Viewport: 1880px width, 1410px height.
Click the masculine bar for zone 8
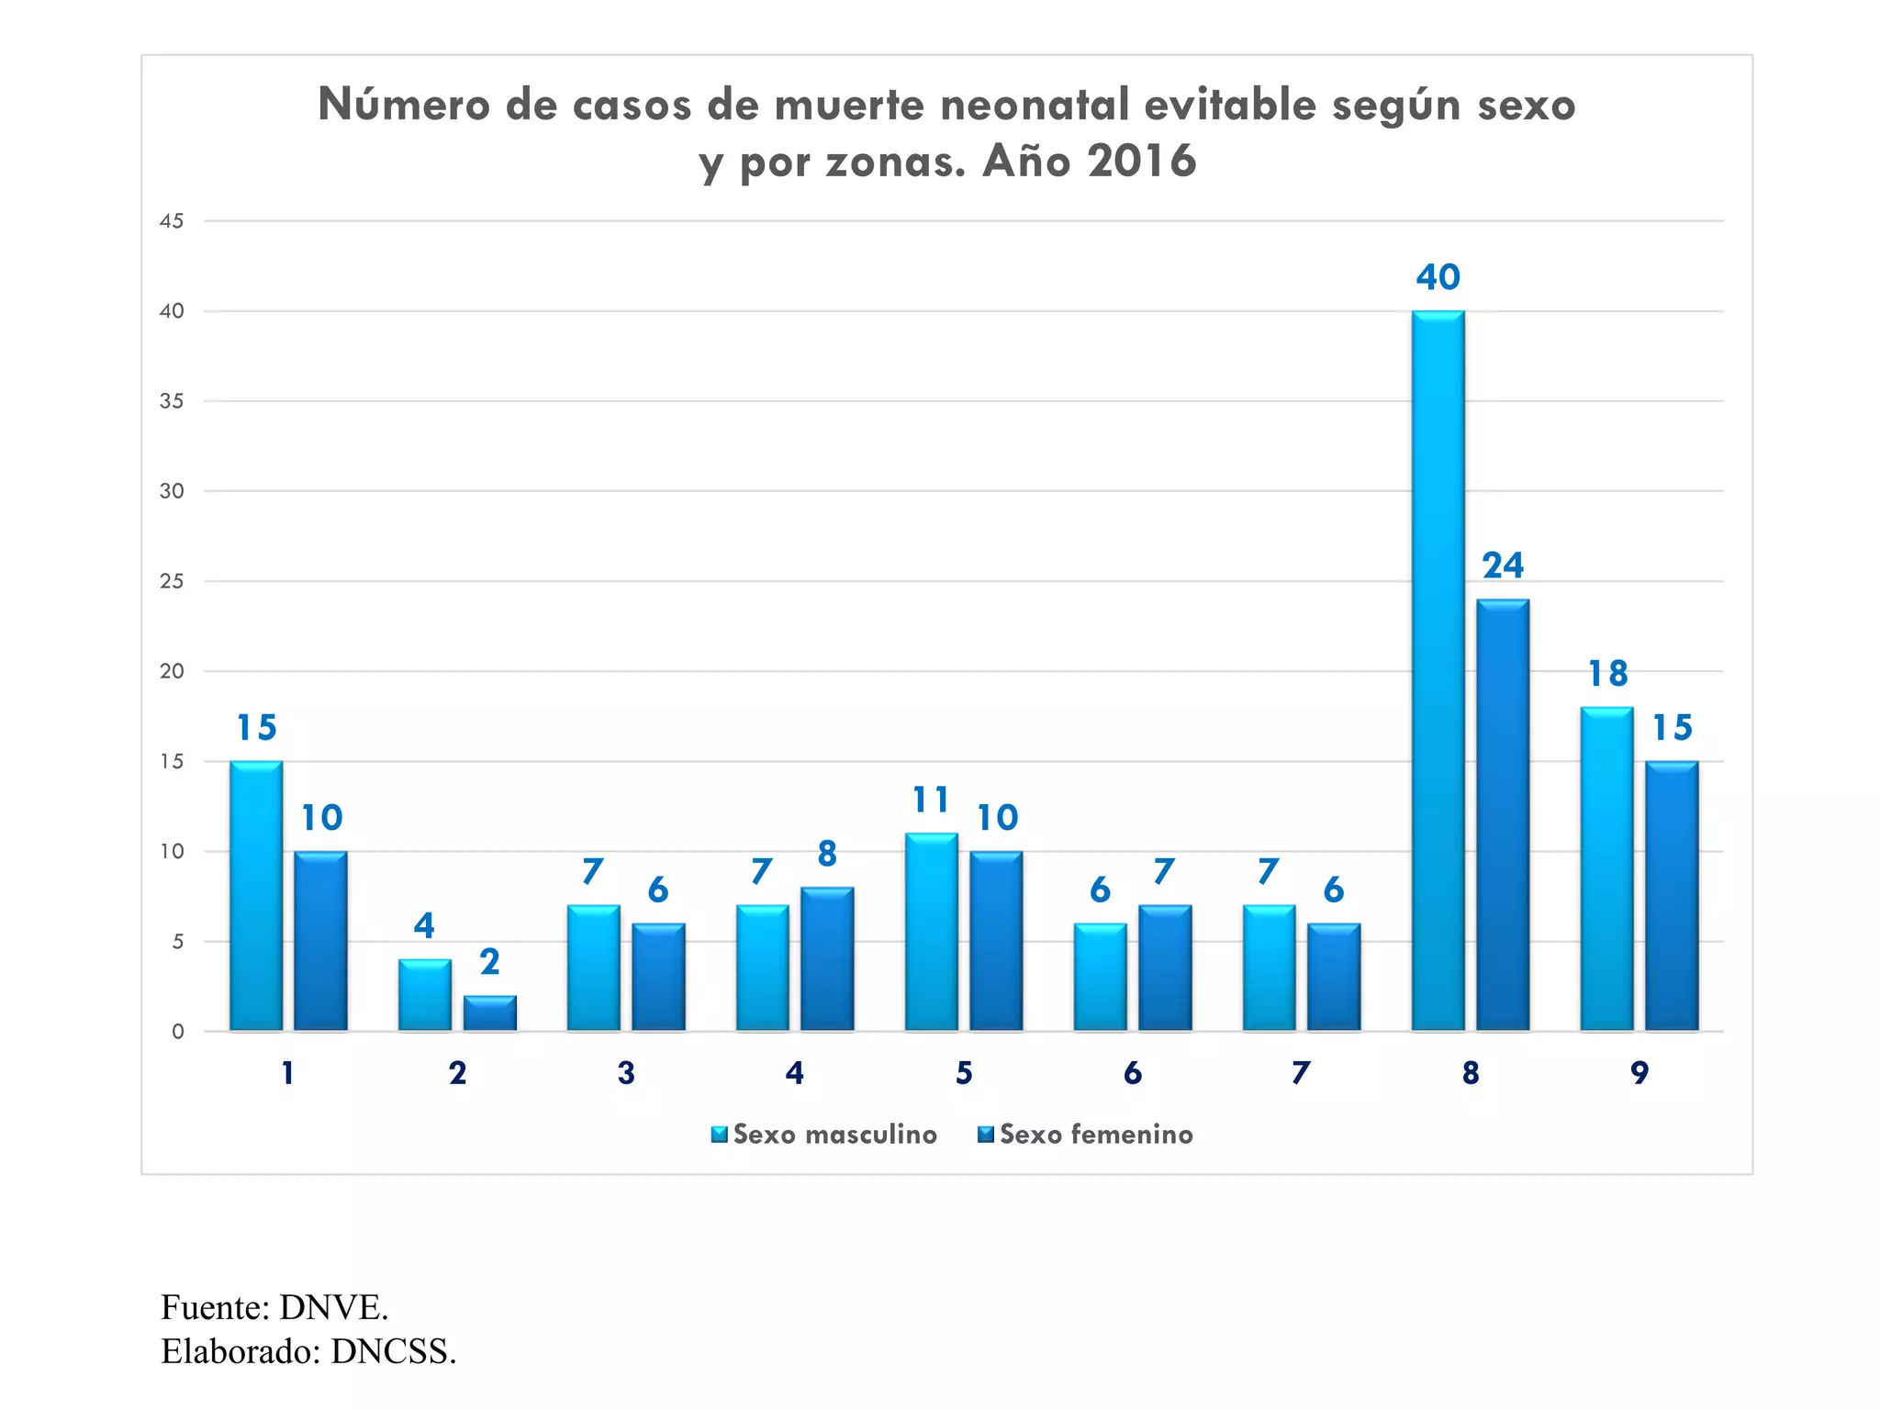(1438, 670)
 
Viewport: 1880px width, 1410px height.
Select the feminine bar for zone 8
(1503, 814)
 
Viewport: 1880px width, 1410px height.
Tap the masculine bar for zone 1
(256, 895)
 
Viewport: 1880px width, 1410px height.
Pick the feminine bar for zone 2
(489, 1013)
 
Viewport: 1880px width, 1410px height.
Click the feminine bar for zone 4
(827, 958)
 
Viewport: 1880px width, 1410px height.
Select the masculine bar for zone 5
(931, 932)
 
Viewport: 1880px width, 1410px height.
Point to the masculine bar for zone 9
(1606, 868)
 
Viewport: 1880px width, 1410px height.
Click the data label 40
(1438, 277)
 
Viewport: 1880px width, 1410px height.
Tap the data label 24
(1503, 565)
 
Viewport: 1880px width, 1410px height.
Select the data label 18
(1607, 674)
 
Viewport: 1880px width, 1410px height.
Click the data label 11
(931, 800)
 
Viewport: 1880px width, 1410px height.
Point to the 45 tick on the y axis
(172, 221)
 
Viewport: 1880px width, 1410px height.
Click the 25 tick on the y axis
(172, 581)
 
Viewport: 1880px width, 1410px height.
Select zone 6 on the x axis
(1132, 1073)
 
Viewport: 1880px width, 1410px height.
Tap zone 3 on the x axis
(626, 1073)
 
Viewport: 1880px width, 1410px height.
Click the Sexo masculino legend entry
(824, 1135)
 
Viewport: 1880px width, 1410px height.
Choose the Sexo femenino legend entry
(1086, 1135)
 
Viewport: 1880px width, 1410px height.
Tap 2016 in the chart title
(1142, 162)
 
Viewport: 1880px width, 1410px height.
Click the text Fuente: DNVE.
(274, 1307)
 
